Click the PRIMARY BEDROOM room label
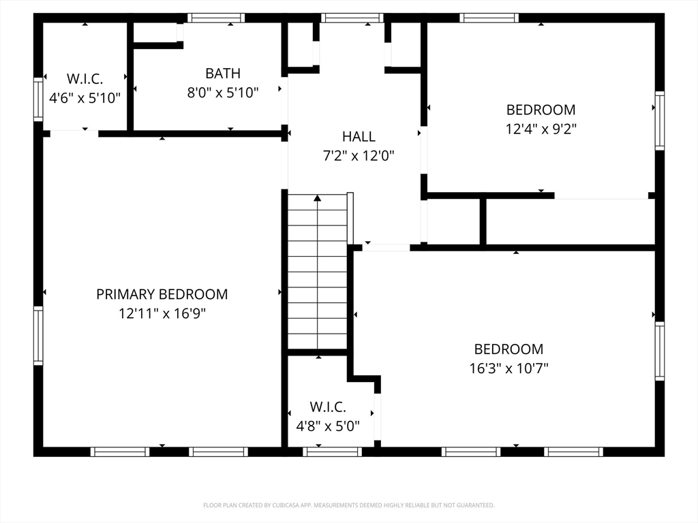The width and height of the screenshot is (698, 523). [x=162, y=294]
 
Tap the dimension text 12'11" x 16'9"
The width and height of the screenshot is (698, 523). [x=162, y=314]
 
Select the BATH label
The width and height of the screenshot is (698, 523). [x=223, y=73]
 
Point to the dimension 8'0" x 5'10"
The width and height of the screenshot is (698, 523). [x=223, y=93]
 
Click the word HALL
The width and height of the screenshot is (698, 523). [x=359, y=137]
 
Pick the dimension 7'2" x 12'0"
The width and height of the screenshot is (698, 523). [x=359, y=156]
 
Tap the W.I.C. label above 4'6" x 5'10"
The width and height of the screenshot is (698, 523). [x=85, y=78]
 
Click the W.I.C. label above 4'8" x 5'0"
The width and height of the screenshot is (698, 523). [x=328, y=407]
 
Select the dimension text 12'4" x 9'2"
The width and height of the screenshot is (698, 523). [x=541, y=129]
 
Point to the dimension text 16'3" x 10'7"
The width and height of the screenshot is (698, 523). [x=509, y=368]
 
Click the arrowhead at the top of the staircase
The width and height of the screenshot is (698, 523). [x=318, y=198]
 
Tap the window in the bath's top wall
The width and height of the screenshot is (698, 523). [x=216, y=18]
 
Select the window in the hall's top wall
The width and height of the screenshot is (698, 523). [x=352, y=18]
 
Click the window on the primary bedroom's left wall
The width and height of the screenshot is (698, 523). [x=38, y=336]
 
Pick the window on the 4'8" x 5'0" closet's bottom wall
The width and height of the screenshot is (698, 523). [x=332, y=451]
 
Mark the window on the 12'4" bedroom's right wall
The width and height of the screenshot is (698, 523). [x=659, y=121]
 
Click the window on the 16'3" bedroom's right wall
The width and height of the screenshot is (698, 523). [x=659, y=351]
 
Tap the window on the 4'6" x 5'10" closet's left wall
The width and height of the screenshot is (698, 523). [x=38, y=99]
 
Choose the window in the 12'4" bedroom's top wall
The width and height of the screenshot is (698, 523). [x=489, y=18]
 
